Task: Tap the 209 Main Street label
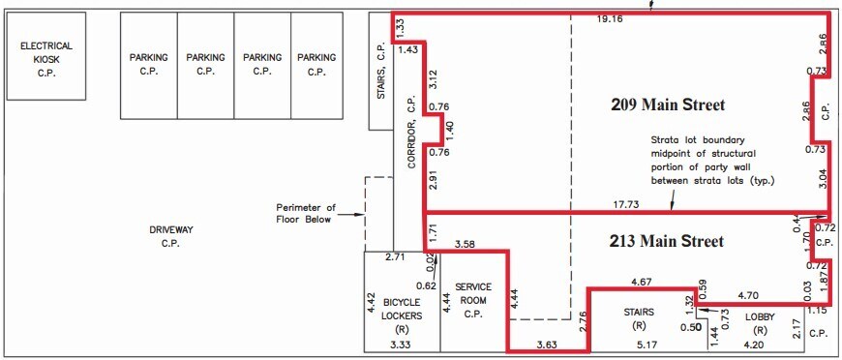[668, 105]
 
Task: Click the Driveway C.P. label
[171, 236]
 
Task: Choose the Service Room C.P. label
[473, 300]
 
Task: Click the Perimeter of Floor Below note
[305, 213]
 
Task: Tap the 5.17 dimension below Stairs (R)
[646, 344]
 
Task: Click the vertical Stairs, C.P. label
[381, 74]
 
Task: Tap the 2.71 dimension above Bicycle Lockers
[395, 258]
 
